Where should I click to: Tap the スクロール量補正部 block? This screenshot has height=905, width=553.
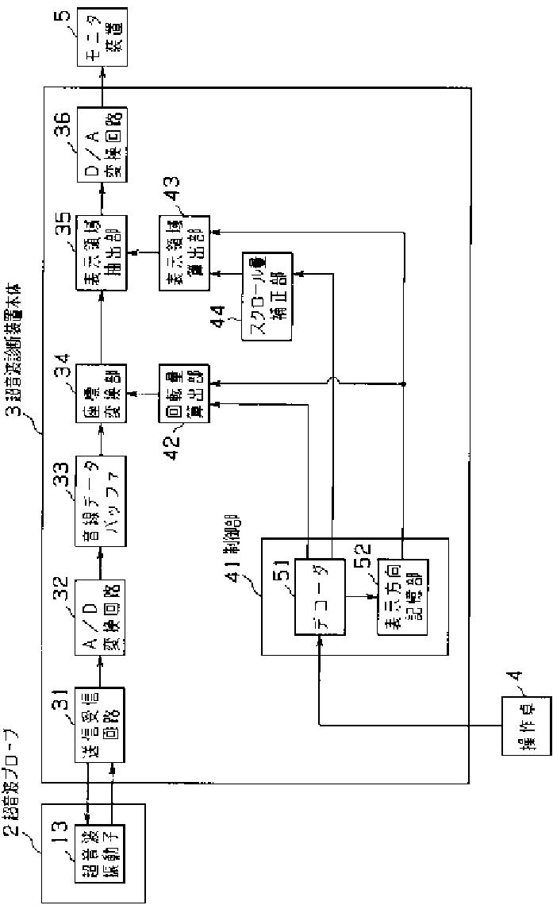pos(266,296)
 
